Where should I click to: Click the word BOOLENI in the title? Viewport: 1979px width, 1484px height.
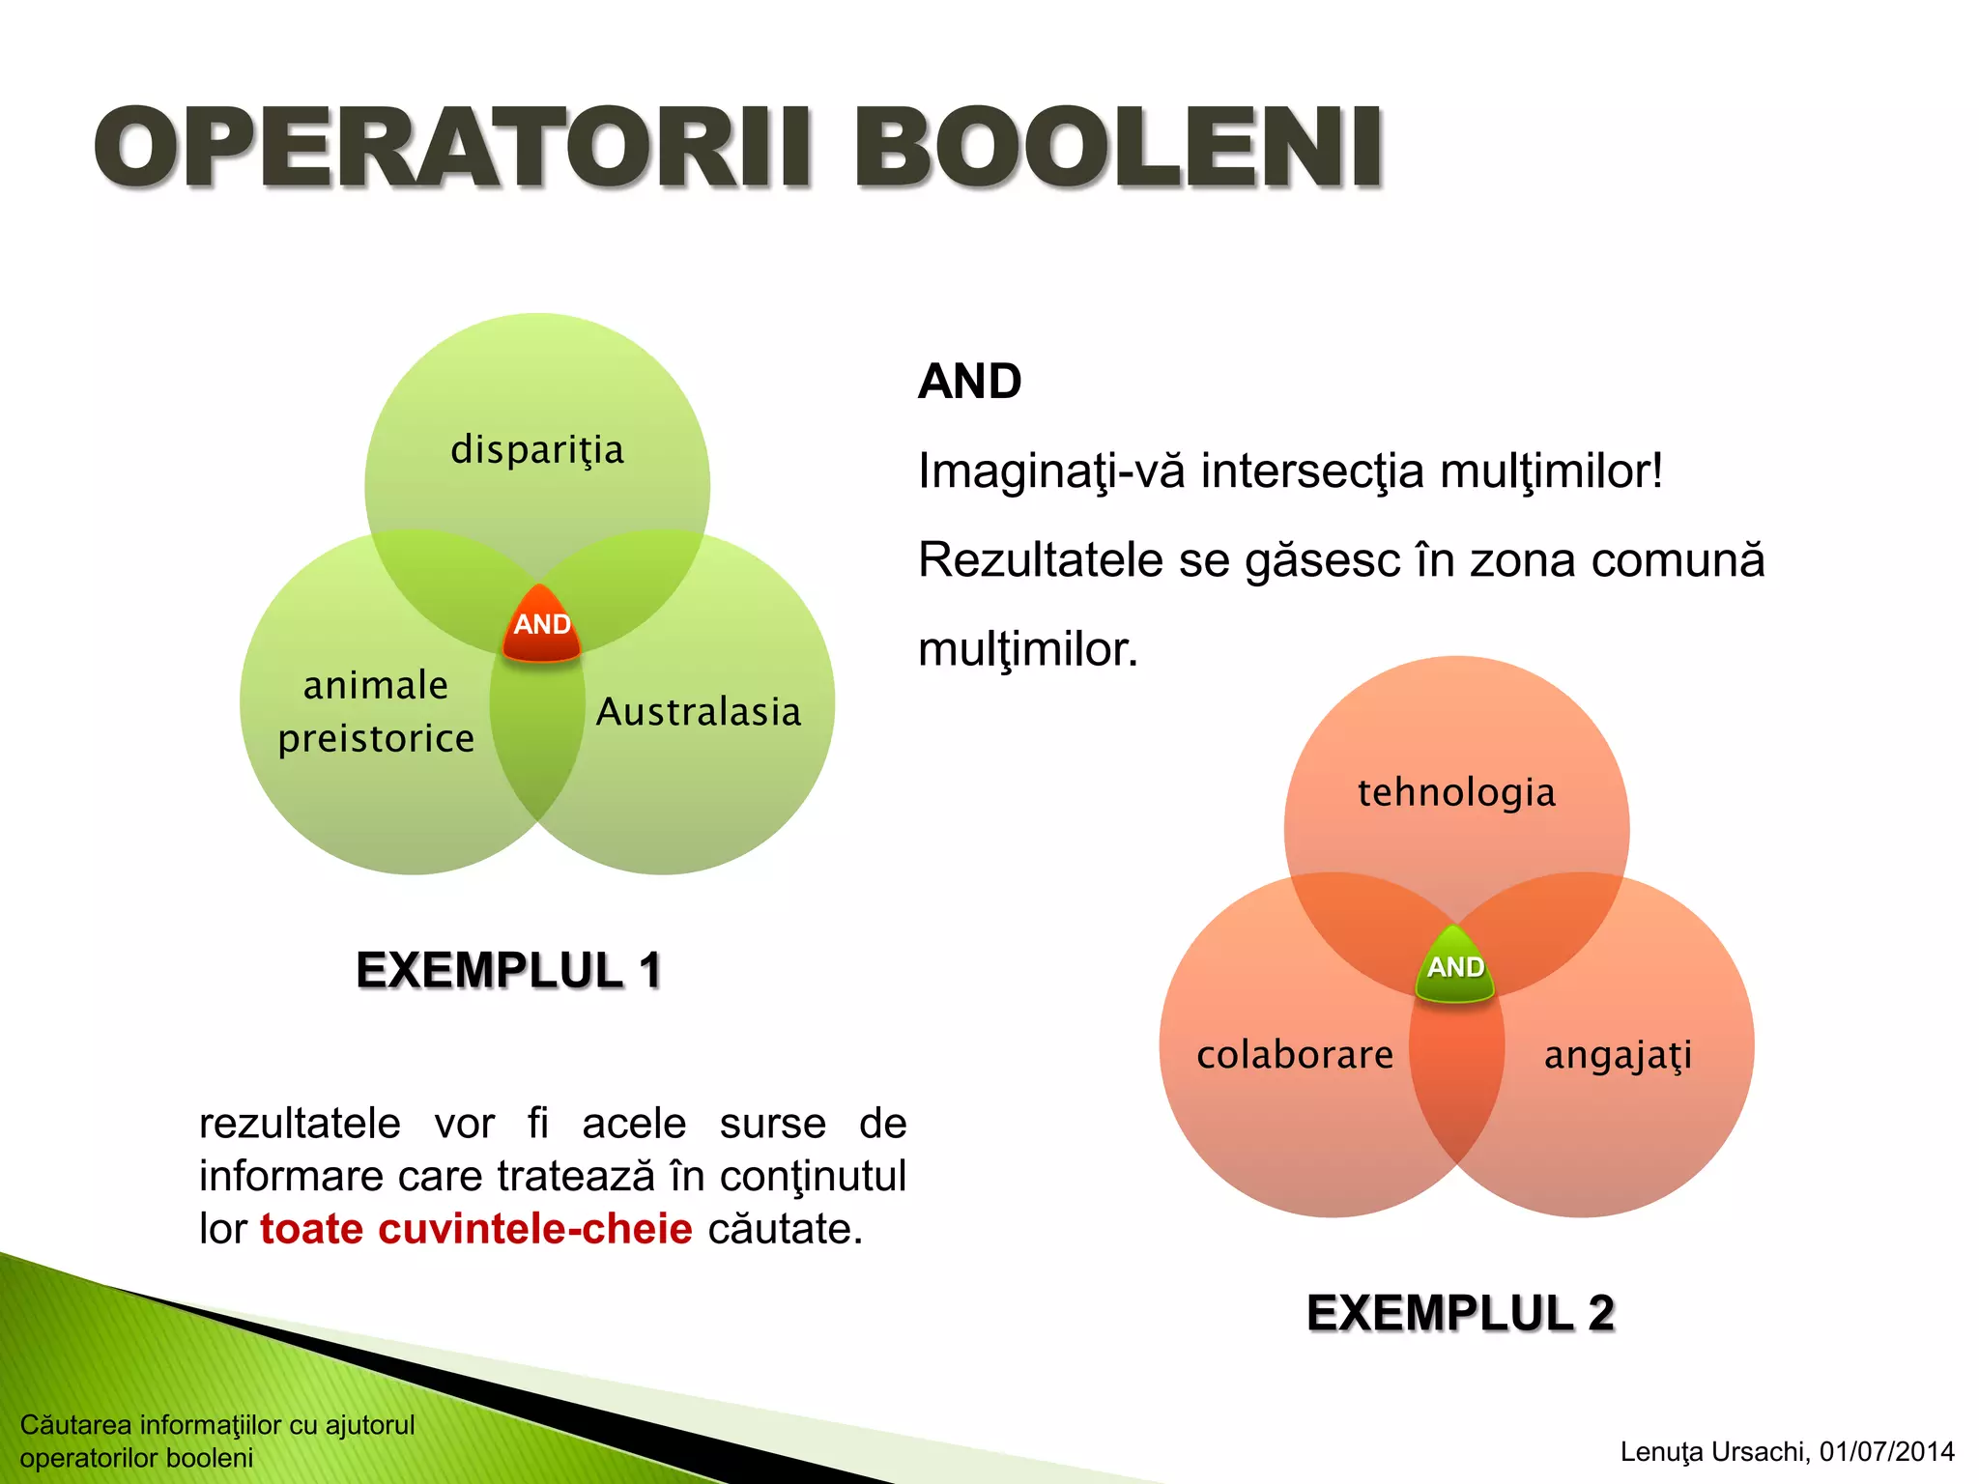click(x=1119, y=148)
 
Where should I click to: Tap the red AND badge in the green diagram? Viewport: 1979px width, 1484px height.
click(x=541, y=625)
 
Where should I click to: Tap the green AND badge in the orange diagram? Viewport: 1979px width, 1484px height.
click(x=1455, y=967)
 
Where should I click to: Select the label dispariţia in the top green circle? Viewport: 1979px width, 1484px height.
click(x=537, y=450)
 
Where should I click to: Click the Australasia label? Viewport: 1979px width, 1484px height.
click(x=699, y=712)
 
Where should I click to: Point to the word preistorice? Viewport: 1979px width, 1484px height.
click(x=376, y=739)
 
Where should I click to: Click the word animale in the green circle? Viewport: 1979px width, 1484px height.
click(x=376, y=685)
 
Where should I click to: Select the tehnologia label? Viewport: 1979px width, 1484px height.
click(x=1456, y=793)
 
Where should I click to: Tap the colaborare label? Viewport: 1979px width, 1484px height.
click(x=1295, y=1054)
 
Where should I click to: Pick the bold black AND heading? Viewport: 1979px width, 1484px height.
click(x=969, y=381)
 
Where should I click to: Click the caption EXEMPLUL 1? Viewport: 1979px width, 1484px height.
click(x=508, y=970)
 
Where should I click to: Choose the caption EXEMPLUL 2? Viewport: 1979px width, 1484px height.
click(x=1460, y=1313)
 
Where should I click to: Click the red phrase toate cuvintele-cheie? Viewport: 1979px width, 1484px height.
click(x=476, y=1229)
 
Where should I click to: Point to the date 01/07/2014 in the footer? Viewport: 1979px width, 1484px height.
click(x=1886, y=1451)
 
